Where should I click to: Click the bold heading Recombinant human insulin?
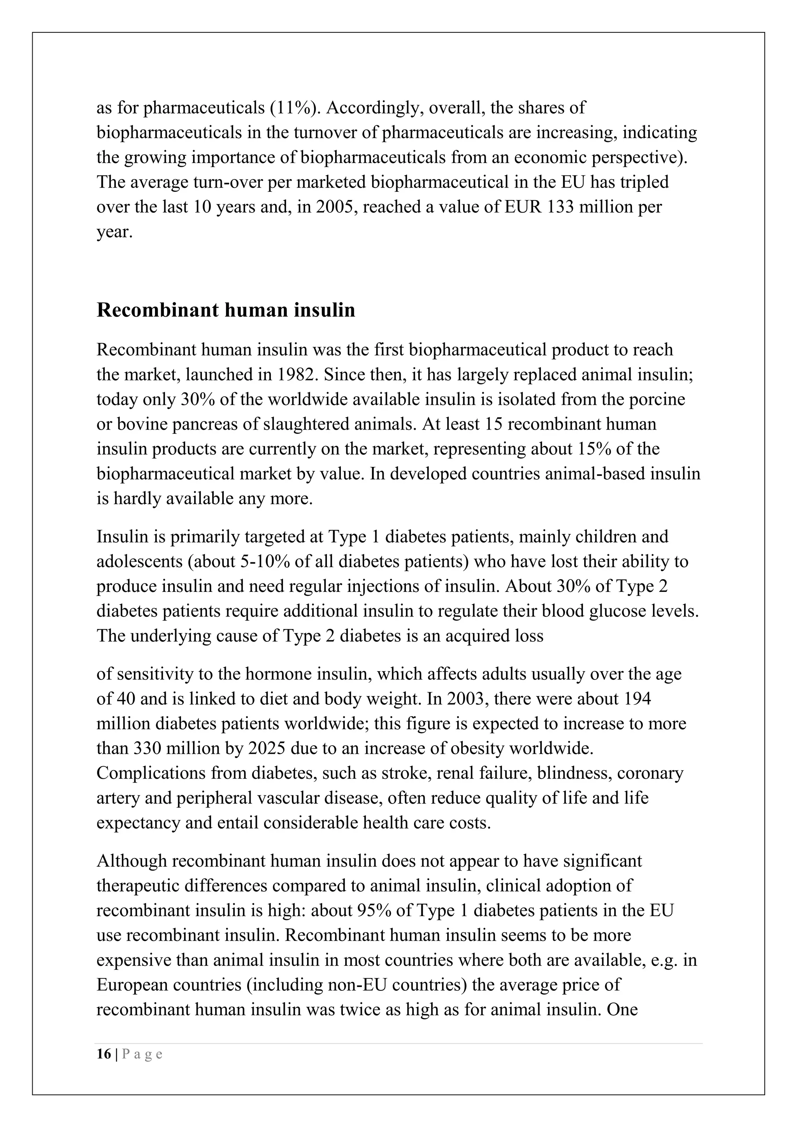(x=226, y=310)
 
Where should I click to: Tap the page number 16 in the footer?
(x=104, y=1054)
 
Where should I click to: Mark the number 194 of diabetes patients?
(x=637, y=699)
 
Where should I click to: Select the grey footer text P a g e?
(x=142, y=1054)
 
